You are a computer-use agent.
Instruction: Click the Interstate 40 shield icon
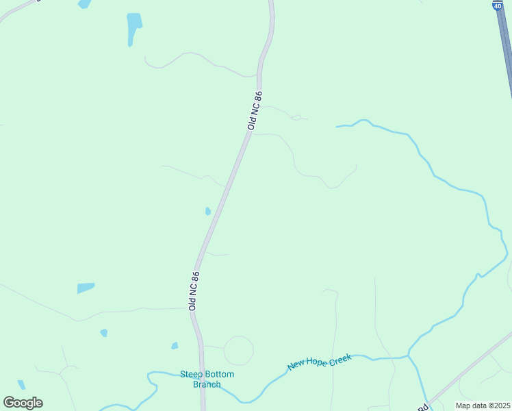tap(497, 5)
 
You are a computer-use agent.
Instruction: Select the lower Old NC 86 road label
tap(194, 291)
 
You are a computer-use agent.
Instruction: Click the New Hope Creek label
tap(319, 362)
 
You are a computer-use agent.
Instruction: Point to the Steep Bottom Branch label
tap(207, 379)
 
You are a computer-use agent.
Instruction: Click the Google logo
tap(23, 403)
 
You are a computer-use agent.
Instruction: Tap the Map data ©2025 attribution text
tap(483, 406)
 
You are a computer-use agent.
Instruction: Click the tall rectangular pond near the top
tap(134, 28)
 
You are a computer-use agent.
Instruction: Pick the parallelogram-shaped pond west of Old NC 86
tap(86, 288)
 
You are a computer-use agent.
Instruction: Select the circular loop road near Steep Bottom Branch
tap(238, 351)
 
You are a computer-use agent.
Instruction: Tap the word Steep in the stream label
tap(191, 374)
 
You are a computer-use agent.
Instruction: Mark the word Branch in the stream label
tap(207, 384)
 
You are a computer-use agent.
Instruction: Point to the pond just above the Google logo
tap(21, 384)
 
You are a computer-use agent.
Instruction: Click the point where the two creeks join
tap(409, 356)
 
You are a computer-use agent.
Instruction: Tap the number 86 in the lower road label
tap(196, 277)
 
